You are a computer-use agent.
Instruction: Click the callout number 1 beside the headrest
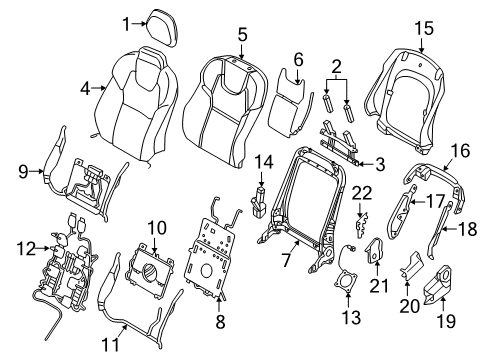click(127, 23)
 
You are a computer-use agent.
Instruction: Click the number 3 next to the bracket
click(380, 163)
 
